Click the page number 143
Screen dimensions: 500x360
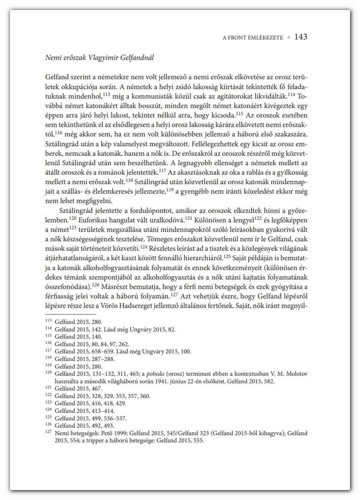(301, 37)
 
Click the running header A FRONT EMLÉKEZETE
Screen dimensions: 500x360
(253, 38)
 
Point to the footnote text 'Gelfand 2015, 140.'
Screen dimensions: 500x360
(79, 337)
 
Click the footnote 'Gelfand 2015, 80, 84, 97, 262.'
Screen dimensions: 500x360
(92, 344)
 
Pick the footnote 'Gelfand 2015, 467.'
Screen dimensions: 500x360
(79, 388)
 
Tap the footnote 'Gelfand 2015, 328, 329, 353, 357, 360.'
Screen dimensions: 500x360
(103, 396)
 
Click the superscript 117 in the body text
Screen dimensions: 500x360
(163, 169)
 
